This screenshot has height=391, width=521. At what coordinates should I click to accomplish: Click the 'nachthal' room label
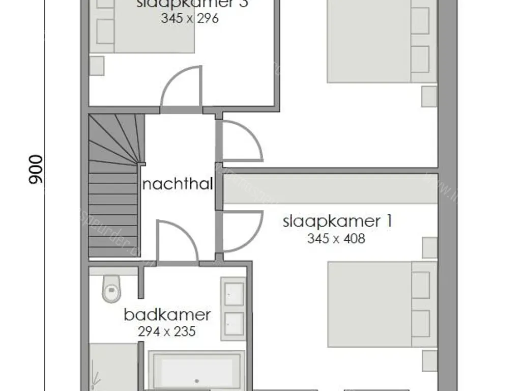(x=177, y=184)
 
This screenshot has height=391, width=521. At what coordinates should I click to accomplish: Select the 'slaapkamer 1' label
(x=338, y=222)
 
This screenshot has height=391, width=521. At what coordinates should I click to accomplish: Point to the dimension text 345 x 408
(x=336, y=238)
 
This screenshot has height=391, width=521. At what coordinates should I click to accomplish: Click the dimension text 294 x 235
(x=166, y=331)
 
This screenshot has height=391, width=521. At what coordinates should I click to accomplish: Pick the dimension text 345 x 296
(x=189, y=18)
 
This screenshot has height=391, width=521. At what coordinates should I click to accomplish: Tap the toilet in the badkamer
(x=110, y=288)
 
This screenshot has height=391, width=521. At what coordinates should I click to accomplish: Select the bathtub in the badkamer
(x=196, y=371)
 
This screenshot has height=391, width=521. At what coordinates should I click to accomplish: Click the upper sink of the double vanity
(x=234, y=294)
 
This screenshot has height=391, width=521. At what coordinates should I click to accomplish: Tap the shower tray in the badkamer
(x=113, y=367)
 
